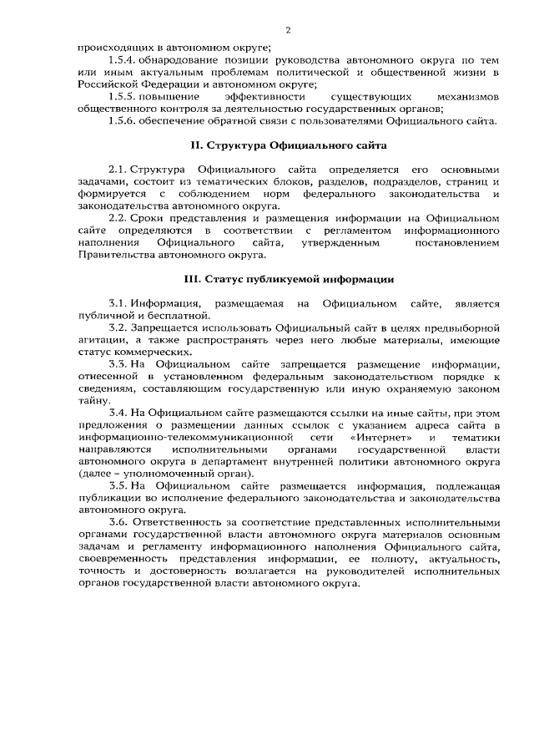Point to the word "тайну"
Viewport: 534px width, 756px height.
91,400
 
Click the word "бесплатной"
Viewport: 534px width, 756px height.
176,315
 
